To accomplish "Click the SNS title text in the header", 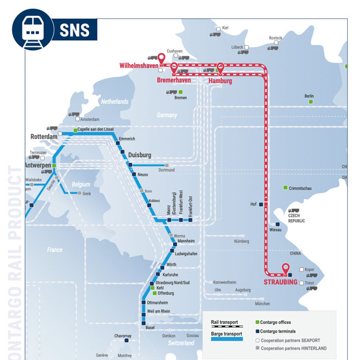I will click(x=75, y=29).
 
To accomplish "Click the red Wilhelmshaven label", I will click(x=139, y=65).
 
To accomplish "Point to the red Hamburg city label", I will click(x=221, y=80).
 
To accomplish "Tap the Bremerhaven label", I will click(x=174, y=80).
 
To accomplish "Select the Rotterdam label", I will click(x=44, y=137).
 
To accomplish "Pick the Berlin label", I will click(x=309, y=96).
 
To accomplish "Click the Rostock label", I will click(x=276, y=38).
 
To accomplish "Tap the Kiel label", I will click(x=225, y=28).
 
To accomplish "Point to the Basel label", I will click(x=150, y=328).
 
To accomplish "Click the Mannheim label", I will click(x=185, y=242).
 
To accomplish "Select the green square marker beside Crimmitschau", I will click(x=285, y=188).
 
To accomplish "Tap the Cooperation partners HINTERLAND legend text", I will click(x=293, y=348).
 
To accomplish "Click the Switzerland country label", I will click(x=182, y=344).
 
